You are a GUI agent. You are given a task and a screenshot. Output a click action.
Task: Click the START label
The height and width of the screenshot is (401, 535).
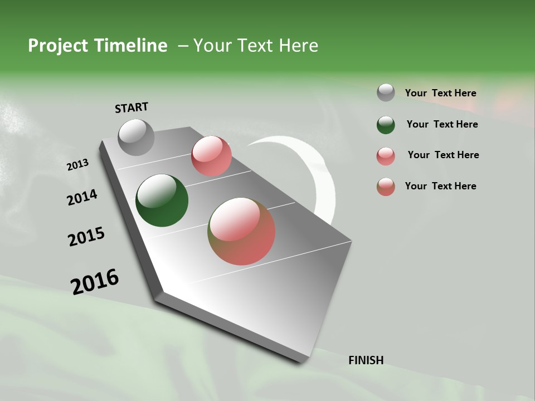point(132,107)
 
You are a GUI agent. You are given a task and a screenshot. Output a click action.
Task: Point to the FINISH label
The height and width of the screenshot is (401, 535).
point(366,360)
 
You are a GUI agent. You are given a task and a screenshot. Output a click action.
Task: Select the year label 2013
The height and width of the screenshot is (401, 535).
point(77,165)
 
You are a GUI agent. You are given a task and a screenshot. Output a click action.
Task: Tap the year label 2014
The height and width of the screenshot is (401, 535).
point(82,198)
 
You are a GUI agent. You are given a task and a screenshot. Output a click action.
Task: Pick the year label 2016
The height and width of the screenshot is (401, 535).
point(95,282)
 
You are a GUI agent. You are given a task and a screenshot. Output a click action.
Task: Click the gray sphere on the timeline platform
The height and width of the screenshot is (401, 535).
point(136,137)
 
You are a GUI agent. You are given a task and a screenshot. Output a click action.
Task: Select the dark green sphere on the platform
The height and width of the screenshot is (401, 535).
point(162,200)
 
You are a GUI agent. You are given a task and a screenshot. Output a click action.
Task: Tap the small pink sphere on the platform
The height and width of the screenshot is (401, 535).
point(211,156)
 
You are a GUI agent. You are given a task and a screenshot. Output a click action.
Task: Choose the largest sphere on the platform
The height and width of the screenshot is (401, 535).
point(241,231)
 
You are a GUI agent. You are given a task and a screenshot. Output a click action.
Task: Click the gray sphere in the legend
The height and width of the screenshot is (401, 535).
point(386,92)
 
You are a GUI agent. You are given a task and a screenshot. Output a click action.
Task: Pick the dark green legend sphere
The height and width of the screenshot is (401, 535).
point(386,124)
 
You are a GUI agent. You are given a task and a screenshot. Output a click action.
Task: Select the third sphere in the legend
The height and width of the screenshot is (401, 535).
point(386,155)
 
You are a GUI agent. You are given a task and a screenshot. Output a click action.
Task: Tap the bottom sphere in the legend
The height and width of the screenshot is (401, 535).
point(386,187)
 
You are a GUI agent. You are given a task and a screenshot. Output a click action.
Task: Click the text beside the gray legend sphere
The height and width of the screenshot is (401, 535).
point(440,93)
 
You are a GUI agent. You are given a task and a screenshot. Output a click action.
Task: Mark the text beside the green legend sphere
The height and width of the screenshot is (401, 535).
point(442,124)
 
